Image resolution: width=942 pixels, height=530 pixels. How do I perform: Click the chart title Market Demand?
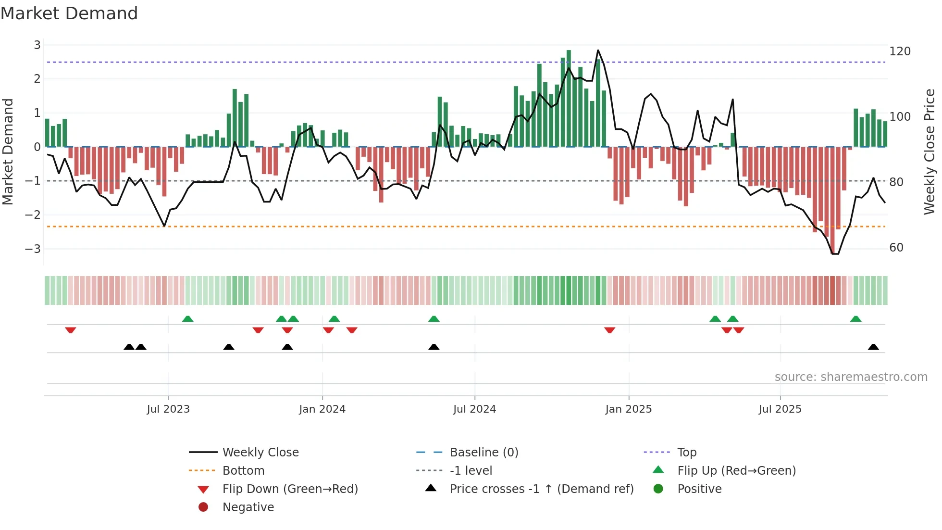point(69,13)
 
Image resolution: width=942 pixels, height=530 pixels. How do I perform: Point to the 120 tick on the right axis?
point(900,51)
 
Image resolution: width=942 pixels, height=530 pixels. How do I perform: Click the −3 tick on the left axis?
point(33,249)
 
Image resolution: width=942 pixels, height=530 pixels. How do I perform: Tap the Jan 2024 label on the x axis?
point(322,409)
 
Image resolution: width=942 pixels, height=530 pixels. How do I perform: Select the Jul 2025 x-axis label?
point(780,409)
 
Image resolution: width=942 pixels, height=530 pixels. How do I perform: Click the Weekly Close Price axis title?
point(930,151)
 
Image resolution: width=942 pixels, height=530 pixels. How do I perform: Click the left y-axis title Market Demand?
point(8,151)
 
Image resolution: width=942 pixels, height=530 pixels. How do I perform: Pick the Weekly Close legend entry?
point(260,453)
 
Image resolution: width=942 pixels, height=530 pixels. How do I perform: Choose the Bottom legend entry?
point(243,471)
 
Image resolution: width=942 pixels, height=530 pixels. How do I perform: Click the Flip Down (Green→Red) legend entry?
point(290,489)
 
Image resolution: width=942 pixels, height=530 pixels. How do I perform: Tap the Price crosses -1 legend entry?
point(541,489)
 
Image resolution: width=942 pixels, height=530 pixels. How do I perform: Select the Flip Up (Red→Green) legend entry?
point(736,471)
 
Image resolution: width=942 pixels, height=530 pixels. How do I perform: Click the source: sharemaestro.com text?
point(851,377)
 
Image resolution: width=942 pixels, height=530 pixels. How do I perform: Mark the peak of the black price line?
point(598,50)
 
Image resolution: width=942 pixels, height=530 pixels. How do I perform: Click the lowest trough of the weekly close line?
point(835,253)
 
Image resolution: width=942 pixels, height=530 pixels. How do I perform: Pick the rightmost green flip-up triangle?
point(855,319)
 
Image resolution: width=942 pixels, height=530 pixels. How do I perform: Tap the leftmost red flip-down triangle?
point(71,330)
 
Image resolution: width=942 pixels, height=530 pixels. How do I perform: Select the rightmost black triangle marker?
point(873,347)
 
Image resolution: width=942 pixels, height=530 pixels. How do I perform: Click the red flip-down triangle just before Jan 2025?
point(609,330)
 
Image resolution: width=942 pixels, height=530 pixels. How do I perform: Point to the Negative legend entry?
point(248,507)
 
